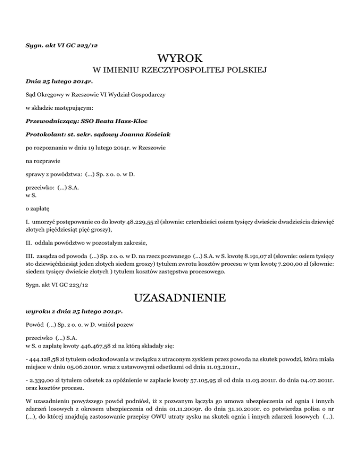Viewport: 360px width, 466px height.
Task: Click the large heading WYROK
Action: [x=180, y=59]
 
